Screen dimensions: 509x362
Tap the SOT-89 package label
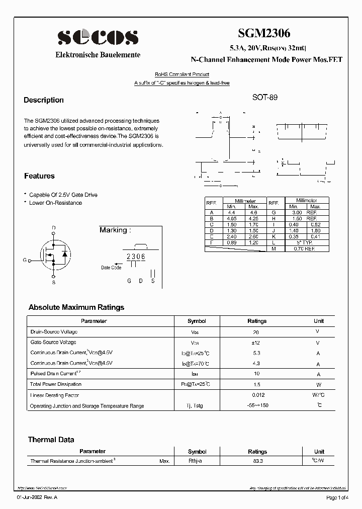click(264, 98)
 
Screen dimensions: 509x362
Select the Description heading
click(44, 100)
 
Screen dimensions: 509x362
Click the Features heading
click(39, 176)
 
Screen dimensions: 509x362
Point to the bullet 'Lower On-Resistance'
click(55, 203)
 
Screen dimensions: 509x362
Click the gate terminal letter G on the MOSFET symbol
click(24, 260)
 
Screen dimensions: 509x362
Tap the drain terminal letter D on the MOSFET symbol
click(54, 228)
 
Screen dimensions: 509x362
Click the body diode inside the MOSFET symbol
click(64, 253)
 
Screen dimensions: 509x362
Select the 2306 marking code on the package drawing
click(136, 257)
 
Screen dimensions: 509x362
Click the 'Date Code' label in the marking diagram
click(111, 268)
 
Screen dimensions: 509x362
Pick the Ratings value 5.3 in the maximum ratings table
click(257, 353)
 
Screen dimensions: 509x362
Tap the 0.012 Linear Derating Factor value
click(257, 395)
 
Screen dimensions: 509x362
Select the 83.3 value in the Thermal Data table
click(257, 461)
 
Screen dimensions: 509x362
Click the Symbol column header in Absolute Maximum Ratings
click(197, 321)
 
